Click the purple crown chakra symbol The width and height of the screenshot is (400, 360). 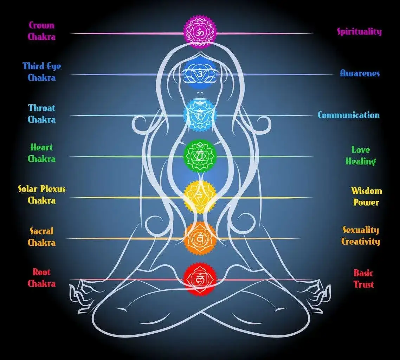coord(200,32)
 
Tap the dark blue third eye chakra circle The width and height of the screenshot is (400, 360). coord(200,73)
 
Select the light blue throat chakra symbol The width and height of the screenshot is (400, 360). coord(200,115)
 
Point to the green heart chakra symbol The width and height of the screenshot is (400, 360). coord(200,156)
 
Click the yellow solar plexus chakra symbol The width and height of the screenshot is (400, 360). coord(200,197)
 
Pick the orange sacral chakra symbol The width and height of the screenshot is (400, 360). coord(200,238)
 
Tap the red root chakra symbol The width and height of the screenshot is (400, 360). coord(200,279)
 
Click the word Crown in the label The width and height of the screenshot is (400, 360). coord(41,25)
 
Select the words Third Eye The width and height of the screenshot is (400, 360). coord(42,66)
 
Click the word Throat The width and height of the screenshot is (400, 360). coord(42,108)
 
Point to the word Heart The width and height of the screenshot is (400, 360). coord(41,147)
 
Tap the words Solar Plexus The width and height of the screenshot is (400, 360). coord(42,189)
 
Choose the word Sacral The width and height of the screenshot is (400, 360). coord(42,231)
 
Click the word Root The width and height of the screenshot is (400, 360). coord(41,272)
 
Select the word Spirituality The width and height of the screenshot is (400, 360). coord(360,32)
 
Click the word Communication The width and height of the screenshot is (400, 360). coord(349,115)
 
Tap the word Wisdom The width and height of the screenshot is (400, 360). coord(367,191)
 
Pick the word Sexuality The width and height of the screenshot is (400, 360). coord(361,230)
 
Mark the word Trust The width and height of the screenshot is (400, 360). coord(363,284)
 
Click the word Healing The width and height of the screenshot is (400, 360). coord(361,161)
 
